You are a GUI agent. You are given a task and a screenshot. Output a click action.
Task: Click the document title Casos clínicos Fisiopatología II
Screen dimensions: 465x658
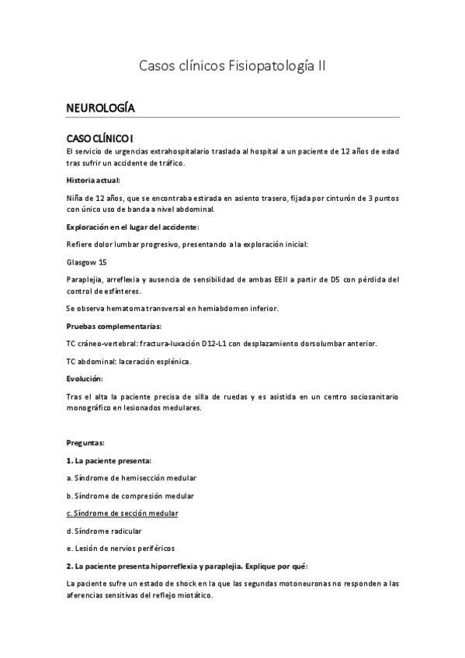(232, 67)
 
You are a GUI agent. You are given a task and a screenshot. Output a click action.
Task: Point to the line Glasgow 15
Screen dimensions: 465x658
(87, 262)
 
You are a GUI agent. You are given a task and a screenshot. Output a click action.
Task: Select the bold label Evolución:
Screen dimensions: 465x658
(85, 379)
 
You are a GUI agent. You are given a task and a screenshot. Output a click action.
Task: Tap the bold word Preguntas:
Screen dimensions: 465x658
(85, 442)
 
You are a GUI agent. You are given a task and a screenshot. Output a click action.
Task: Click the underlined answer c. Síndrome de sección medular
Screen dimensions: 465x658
(123, 513)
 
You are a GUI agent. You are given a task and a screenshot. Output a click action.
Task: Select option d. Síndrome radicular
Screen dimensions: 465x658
(104, 531)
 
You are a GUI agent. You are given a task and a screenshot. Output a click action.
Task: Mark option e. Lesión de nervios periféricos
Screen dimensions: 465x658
(121, 548)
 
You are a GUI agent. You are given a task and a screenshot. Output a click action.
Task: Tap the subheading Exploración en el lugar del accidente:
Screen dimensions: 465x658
(133, 227)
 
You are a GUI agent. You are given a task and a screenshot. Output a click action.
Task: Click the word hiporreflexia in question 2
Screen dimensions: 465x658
(165, 566)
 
